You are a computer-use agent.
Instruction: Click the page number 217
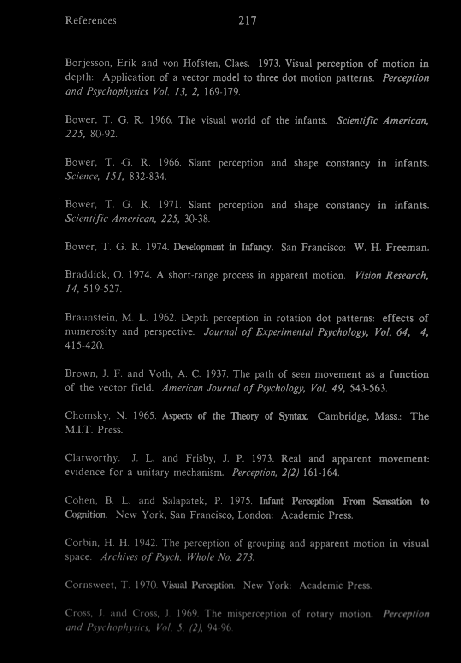[248, 21]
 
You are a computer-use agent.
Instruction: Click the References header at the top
[91, 21]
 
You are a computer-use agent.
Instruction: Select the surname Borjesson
[86, 64]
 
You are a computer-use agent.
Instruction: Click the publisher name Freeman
[407, 248]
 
